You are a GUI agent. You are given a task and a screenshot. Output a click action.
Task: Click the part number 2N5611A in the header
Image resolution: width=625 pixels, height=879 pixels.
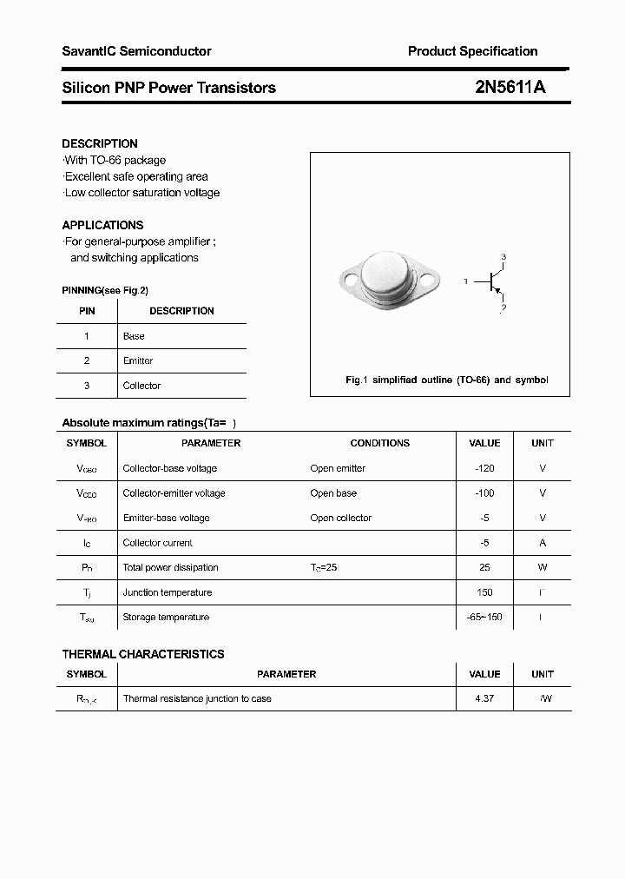[x=510, y=87]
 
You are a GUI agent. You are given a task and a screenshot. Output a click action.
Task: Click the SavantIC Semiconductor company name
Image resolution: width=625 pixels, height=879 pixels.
[x=136, y=51]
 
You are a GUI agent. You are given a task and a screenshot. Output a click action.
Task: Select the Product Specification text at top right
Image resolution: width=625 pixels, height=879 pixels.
[x=472, y=51]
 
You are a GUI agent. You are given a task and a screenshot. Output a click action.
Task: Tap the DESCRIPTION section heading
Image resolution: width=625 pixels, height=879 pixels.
[x=100, y=143]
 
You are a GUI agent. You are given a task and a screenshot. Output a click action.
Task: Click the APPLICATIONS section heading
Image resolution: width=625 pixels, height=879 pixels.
[x=102, y=225]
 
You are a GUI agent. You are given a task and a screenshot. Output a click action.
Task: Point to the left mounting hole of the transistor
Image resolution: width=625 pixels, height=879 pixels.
[x=350, y=281]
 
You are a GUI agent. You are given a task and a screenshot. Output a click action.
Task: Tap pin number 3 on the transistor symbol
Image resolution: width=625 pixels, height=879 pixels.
[x=503, y=257]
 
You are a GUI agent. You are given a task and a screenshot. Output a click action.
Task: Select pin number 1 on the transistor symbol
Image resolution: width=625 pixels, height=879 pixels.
[x=466, y=281]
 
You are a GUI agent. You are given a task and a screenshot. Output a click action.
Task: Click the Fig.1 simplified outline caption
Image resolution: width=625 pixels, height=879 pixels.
[x=446, y=380]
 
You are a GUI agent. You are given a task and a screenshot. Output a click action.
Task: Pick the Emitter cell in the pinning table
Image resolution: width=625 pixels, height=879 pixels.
[x=138, y=360]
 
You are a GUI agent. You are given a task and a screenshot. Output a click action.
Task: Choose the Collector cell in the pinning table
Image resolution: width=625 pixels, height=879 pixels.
[x=141, y=386]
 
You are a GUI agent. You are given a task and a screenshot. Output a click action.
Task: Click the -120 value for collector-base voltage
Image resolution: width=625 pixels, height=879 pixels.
[x=484, y=468]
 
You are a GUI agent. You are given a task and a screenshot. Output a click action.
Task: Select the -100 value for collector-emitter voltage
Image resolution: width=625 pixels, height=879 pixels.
[x=484, y=493]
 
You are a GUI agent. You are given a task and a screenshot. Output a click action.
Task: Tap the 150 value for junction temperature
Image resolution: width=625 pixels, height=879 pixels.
[x=484, y=592]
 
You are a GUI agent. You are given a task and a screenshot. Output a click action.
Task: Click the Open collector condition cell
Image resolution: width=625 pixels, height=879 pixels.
[x=340, y=518]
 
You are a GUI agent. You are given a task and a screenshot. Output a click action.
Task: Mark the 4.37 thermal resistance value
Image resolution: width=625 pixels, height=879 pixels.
[x=484, y=698]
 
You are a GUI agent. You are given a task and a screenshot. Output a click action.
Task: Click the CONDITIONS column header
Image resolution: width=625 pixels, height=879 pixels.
[x=379, y=443]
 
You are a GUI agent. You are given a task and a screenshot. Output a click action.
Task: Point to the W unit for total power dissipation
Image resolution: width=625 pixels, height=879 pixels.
[x=543, y=567]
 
